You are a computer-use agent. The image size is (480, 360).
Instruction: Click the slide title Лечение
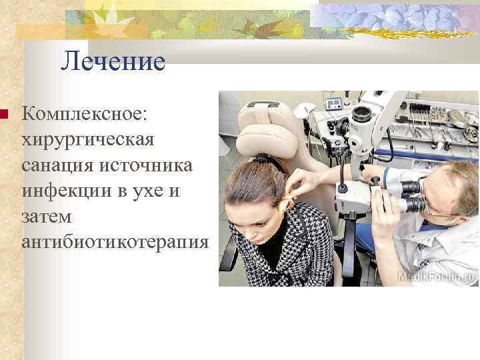pyautogui.click(x=113, y=62)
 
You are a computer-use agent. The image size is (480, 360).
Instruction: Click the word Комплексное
pyautogui.click(x=87, y=115)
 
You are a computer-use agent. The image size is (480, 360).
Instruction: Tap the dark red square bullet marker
pyautogui.click(x=3, y=115)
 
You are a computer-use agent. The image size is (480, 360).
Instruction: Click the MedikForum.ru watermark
pyautogui.click(x=436, y=275)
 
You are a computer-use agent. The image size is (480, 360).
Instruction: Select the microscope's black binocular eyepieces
pyautogui.click(x=408, y=195)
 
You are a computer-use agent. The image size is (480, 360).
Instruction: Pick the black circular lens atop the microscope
pyautogui.click(x=363, y=115)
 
